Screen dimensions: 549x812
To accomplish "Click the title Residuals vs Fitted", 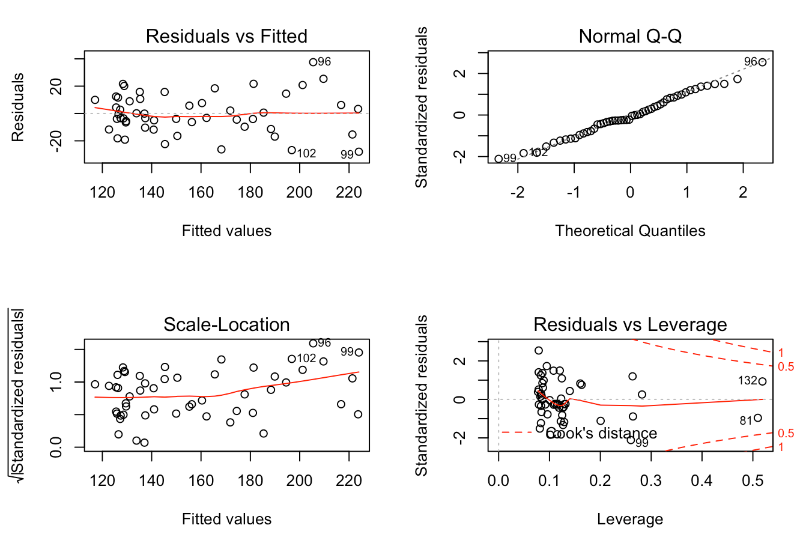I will [x=226, y=36].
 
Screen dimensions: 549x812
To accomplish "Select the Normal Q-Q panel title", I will [x=630, y=36].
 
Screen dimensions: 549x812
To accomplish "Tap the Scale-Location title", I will [x=226, y=324].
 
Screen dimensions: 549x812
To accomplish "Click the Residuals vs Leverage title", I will [x=630, y=324].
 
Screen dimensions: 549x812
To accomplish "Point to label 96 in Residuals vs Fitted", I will [x=324, y=62].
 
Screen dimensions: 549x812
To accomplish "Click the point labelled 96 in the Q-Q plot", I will [x=762, y=62].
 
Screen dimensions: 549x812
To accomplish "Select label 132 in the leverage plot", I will [x=748, y=381].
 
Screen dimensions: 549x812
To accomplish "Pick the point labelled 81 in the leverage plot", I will [x=757, y=418].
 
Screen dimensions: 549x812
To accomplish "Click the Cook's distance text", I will [x=602, y=434].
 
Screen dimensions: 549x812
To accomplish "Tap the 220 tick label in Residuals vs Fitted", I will [x=349, y=193].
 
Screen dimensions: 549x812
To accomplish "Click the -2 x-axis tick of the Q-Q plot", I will [x=517, y=193].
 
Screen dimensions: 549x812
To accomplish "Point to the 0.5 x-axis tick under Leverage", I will [x=753, y=481].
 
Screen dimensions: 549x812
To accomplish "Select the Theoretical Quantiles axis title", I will [x=630, y=231].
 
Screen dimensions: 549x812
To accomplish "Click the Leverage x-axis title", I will [x=630, y=519].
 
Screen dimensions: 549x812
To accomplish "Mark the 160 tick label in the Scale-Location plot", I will [x=201, y=481].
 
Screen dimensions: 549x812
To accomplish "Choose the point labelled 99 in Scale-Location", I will [x=359, y=353].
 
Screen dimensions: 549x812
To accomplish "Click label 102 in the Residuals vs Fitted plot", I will [x=306, y=153].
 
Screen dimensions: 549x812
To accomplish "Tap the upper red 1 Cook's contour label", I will [x=781, y=353].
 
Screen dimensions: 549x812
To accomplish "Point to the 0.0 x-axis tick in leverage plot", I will [x=498, y=481].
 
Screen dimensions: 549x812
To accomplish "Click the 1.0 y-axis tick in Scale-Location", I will [x=56, y=382].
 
